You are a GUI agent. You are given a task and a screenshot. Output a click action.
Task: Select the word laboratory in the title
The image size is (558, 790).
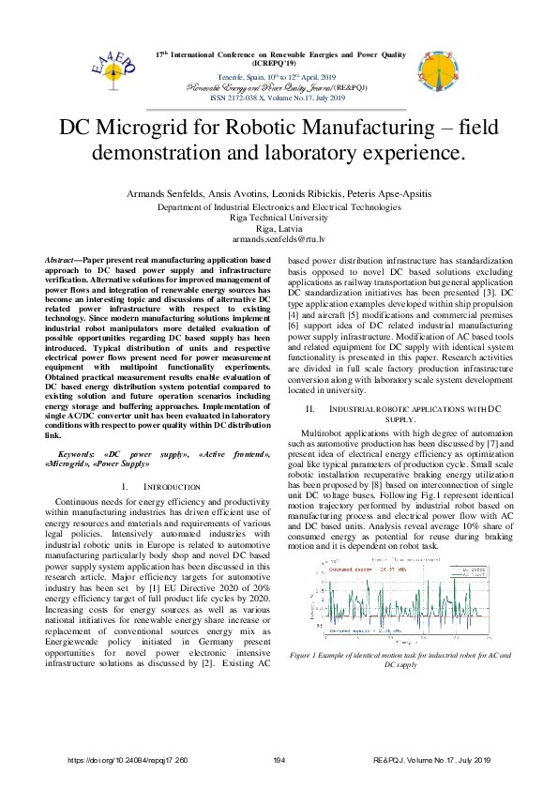[312, 151]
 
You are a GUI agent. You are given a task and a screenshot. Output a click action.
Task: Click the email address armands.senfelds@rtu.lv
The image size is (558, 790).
[279, 238]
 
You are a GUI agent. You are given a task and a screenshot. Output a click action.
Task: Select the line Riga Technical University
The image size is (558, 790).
[279, 216]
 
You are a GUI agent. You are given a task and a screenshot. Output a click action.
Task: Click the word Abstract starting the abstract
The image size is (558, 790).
[64, 258]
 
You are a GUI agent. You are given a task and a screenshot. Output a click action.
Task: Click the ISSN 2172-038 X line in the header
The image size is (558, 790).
[279, 94]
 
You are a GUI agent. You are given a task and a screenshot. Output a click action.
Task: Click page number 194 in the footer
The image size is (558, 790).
[279, 759]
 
